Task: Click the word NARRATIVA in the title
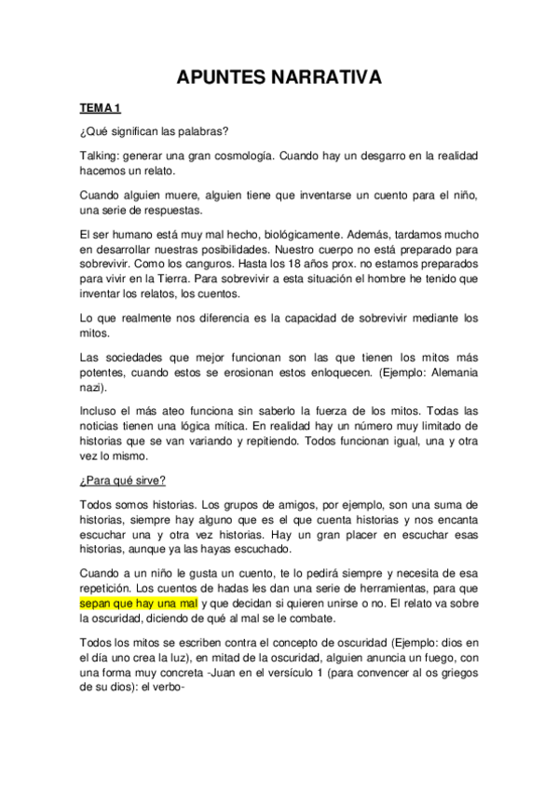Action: [326, 79]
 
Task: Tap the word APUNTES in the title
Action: [221, 79]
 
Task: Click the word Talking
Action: [101, 156]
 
